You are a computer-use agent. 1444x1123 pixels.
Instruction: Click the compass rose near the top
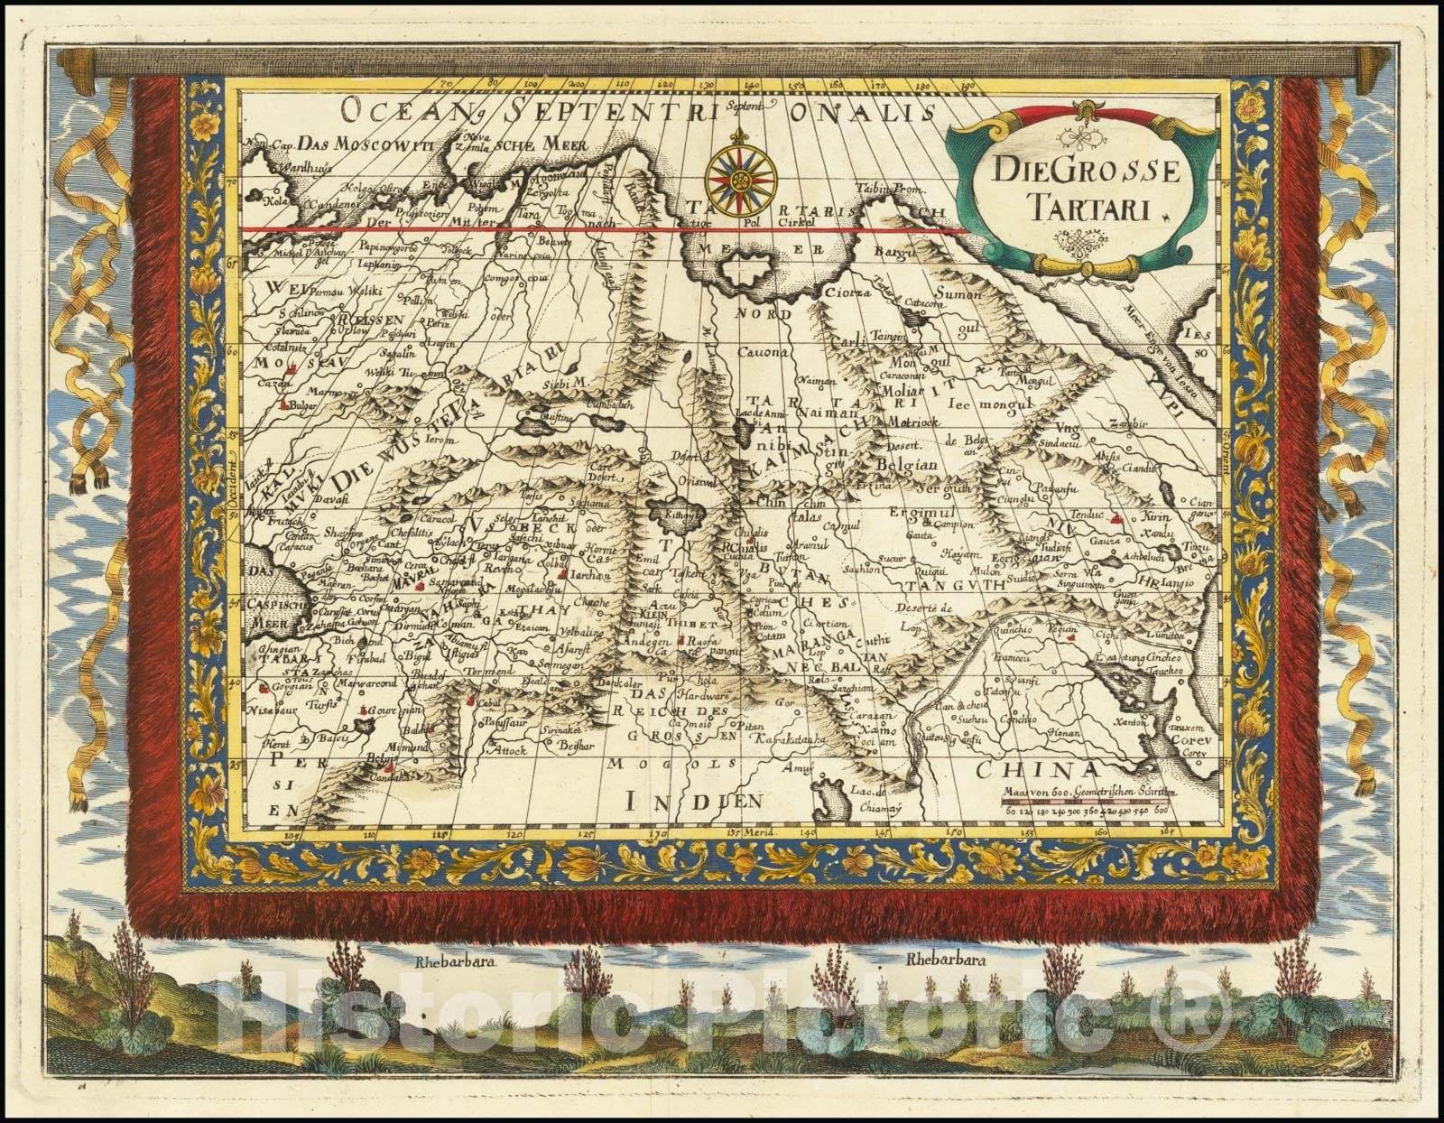coord(734,172)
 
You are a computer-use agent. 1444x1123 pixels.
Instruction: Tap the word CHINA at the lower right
coord(1041,769)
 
